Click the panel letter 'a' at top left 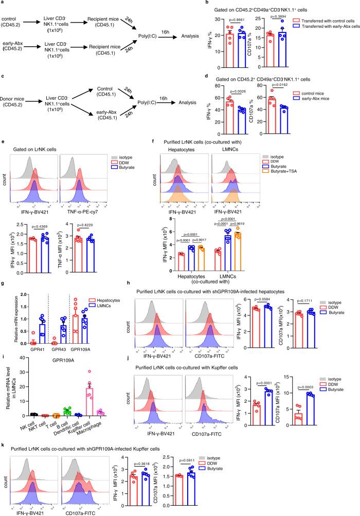coord(4,4)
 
